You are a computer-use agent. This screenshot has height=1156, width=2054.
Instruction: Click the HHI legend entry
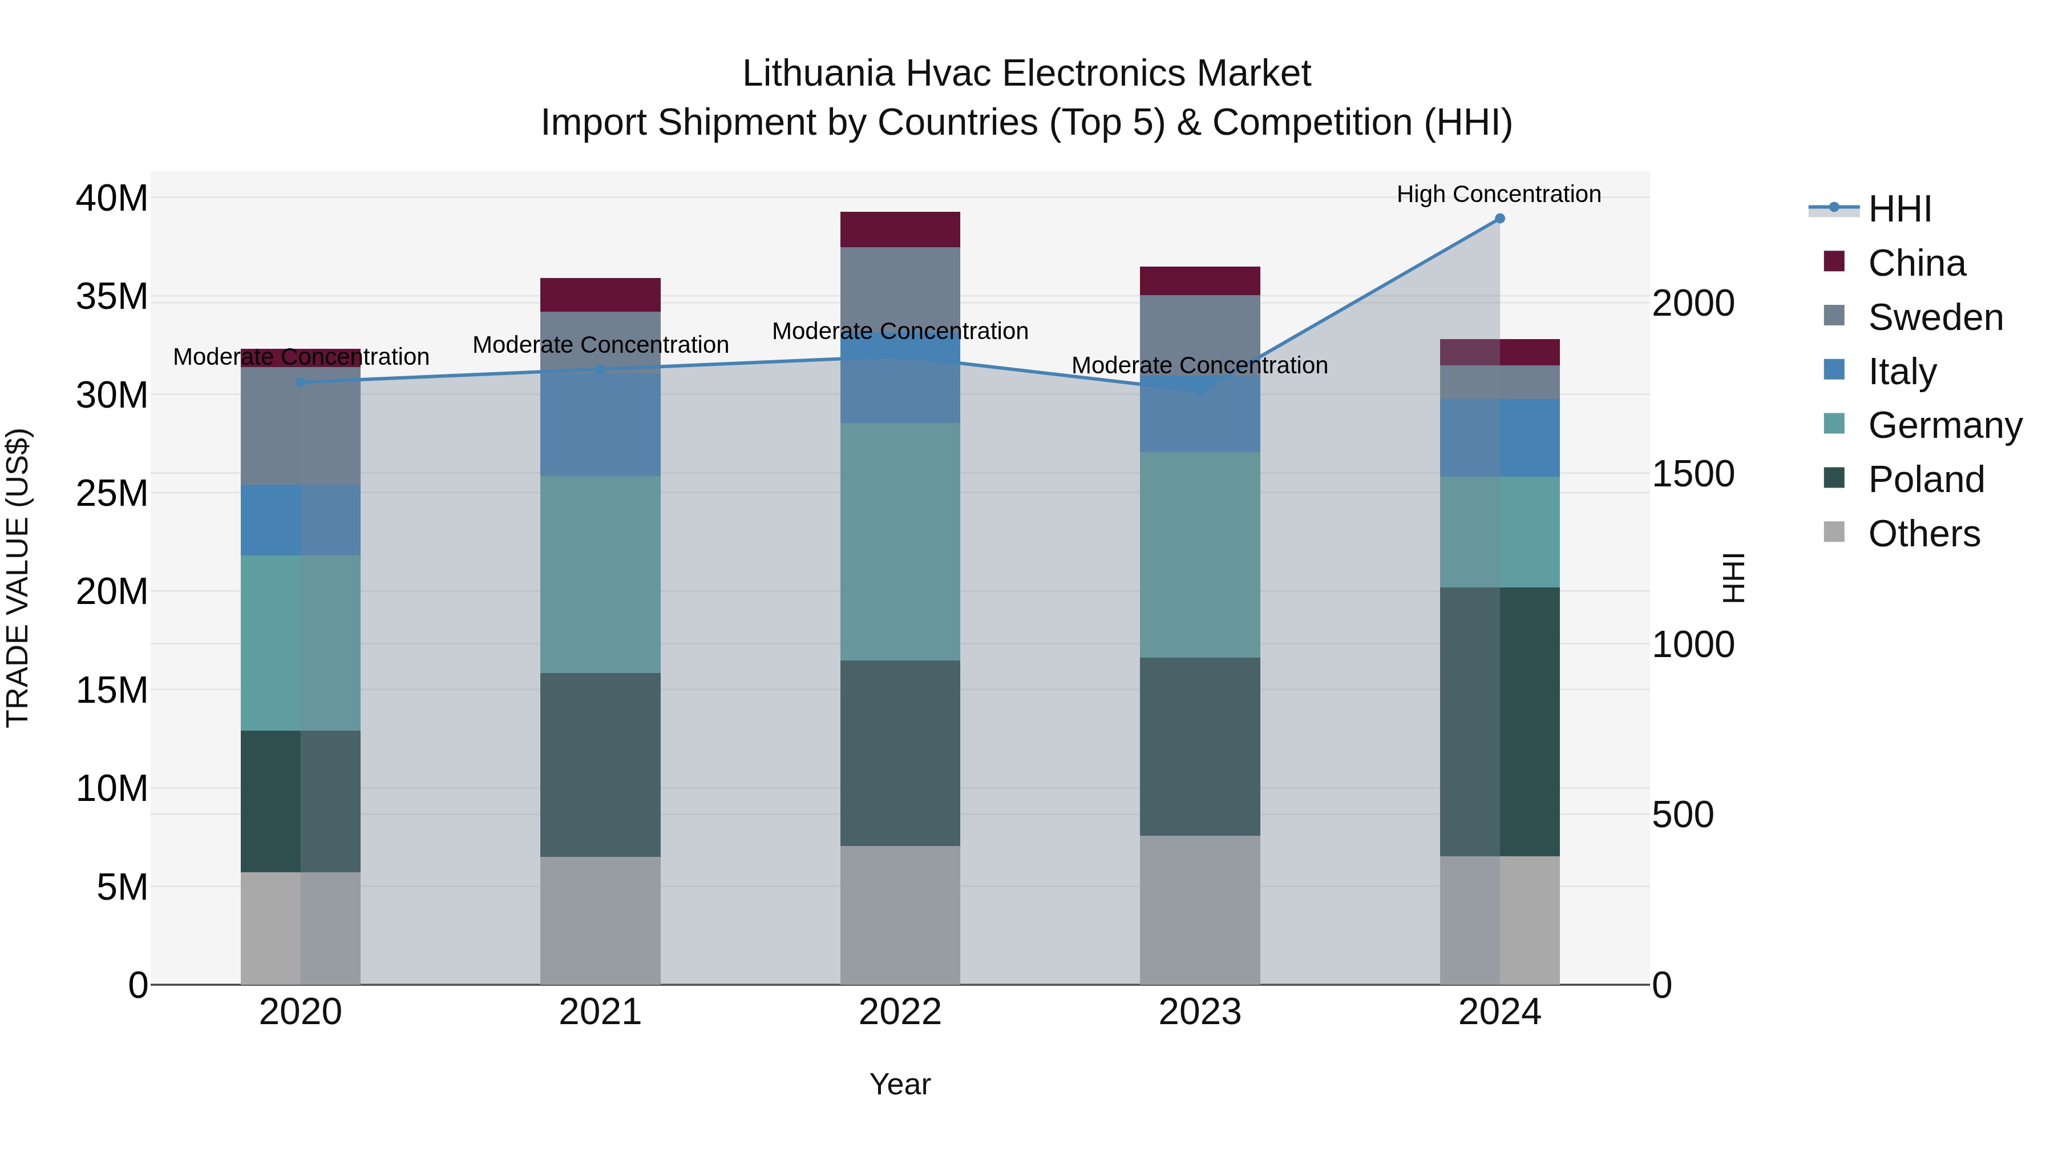click(1898, 209)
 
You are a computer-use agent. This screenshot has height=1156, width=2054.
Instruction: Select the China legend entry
click(1916, 263)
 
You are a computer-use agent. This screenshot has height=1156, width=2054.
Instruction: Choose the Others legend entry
click(1923, 534)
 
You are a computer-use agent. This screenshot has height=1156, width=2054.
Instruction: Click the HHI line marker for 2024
click(1499, 219)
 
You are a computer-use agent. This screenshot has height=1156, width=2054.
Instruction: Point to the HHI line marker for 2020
click(301, 382)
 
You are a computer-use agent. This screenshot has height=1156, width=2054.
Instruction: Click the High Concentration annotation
click(1498, 194)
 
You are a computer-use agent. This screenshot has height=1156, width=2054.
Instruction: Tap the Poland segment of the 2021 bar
click(600, 764)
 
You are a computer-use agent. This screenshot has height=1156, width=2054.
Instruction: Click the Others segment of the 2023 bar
click(1199, 909)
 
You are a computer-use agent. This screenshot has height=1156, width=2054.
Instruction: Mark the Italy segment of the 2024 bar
click(1499, 438)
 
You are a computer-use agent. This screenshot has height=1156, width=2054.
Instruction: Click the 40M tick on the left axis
click(112, 198)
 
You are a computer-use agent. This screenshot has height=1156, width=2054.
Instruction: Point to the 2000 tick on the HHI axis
click(1693, 303)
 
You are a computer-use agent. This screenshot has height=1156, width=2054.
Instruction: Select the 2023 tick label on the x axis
click(1199, 1012)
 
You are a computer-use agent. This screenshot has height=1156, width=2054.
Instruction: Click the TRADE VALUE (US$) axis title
click(18, 578)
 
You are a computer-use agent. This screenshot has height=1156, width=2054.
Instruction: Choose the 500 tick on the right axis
click(1683, 815)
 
